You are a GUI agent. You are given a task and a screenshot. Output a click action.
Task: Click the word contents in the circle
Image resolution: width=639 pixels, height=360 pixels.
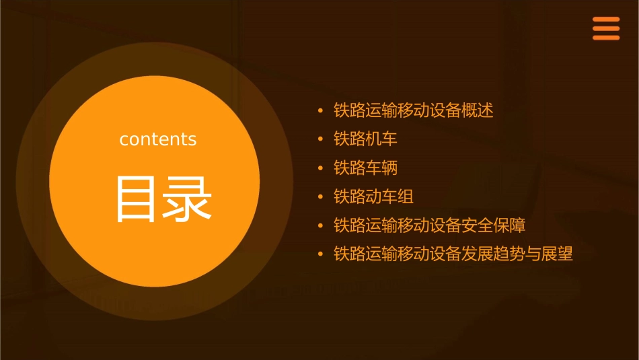tap(158, 139)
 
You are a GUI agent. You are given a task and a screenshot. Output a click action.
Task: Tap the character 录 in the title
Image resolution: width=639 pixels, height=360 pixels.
tap(187, 199)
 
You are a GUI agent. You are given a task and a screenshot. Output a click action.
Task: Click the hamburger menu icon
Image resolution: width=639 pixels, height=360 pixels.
tap(606, 29)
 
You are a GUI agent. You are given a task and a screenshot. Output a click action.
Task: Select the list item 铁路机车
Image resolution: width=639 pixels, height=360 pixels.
tap(365, 139)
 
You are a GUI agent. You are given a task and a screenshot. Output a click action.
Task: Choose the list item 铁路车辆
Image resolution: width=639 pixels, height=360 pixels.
tap(365, 168)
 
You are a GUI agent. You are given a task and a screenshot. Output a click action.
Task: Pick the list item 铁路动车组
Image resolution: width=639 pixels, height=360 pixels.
tap(373, 196)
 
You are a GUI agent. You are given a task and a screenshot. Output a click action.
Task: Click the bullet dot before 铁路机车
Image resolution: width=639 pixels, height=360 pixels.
tap(321, 139)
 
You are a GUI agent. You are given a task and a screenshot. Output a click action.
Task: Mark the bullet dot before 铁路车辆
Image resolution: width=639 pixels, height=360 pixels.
tap(321, 168)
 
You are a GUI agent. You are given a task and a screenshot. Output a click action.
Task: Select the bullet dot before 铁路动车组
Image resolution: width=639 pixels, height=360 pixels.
tap(321, 197)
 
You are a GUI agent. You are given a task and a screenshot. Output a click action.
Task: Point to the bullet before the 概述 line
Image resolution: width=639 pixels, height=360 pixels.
tap(321, 110)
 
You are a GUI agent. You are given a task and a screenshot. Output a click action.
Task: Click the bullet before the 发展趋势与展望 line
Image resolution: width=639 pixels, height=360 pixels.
tap(321, 254)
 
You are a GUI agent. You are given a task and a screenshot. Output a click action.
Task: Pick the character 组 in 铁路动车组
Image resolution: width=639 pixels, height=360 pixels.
tap(406, 196)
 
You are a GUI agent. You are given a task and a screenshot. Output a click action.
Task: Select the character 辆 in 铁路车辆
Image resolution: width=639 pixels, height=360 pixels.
tap(389, 168)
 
